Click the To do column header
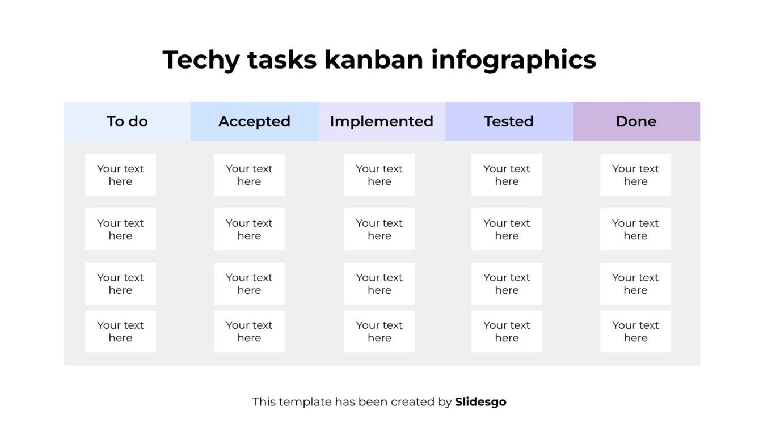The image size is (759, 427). click(x=128, y=121)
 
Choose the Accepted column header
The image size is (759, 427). click(x=255, y=121)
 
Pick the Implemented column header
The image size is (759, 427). click(x=382, y=121)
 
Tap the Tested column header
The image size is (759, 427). click(x=509, y=121)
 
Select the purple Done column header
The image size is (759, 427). click(x=636, y=121)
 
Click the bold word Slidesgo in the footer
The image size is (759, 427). click(x=480, y=402)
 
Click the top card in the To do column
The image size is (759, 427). click(x=120, y=175)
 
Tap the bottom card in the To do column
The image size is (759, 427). click(x=120, y=332)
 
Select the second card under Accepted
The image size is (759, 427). click(x=249, y=230)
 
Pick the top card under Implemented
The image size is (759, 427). click(x=379, y=175)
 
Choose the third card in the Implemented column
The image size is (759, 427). click(x=379, y=284)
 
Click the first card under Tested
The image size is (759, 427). click(x=507, y=175)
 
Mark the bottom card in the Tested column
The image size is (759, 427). click(x=507, y=332)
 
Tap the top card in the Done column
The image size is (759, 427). click(x=635, y=175)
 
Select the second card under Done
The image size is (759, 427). click(x=635, y=230)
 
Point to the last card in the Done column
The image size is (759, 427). click(x=635, y=332)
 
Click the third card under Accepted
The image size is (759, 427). click(x=249, y=284)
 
